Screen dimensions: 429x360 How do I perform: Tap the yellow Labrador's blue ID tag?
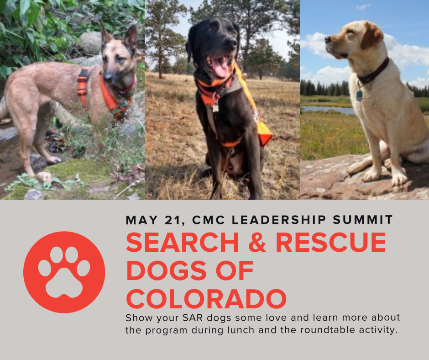(x=359, y=95)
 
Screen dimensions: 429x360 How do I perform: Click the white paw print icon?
(x=64, y=272)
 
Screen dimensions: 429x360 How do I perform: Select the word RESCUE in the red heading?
(x=331, y=242)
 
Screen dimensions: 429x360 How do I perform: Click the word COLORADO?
(x=206, y=299)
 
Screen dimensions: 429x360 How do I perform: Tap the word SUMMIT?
(x=363, y=220)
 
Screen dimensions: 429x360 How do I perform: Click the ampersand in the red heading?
(x=257, y=242)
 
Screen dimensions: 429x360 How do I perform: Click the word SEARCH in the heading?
(x=183, y=242)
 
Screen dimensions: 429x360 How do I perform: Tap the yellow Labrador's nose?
(x=328, y=39)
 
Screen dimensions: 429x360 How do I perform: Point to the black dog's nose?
(x=230, y=43)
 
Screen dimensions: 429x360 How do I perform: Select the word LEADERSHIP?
(x=279, y=220)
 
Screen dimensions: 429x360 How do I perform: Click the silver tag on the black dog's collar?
(x=215, y=108)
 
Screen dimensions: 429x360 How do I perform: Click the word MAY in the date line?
(x=142, y=220)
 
